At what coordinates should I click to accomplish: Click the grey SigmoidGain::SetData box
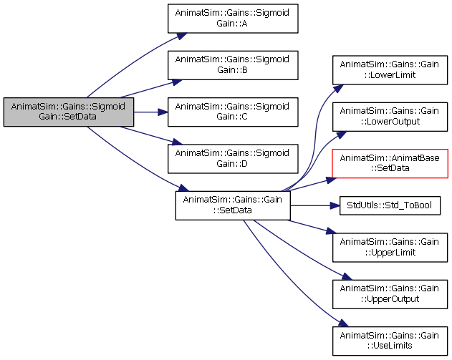tap(69, 112)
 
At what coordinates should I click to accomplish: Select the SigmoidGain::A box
tap(233, 19)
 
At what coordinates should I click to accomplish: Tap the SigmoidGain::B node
tap(233, 65)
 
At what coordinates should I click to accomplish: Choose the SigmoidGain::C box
tap(233, 112)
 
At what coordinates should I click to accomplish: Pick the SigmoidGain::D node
tap(233, 159)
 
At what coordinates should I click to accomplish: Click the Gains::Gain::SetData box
tap(233, 205)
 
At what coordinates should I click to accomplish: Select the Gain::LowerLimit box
tap(390, 70)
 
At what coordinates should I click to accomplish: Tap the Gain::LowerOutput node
tap(390, 117)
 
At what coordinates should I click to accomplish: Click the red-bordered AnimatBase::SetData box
tap(390, 164)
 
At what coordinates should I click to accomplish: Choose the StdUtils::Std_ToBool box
tap(390, 205)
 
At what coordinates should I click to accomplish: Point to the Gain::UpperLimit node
tap(390, 248)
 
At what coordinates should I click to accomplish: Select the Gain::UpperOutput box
tap(390, 294)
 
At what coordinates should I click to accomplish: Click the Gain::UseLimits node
tap(390, 341)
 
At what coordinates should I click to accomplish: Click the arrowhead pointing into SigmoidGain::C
tap(163, 112)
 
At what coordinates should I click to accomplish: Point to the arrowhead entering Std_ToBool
tap(335, 205)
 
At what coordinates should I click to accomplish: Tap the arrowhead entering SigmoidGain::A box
tap(182, 36)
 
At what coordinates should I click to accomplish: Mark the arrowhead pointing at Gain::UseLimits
tap(344, 323)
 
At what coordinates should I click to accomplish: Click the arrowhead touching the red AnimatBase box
tap(331, 180)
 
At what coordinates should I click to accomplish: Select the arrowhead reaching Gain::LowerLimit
tap(338, 88)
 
